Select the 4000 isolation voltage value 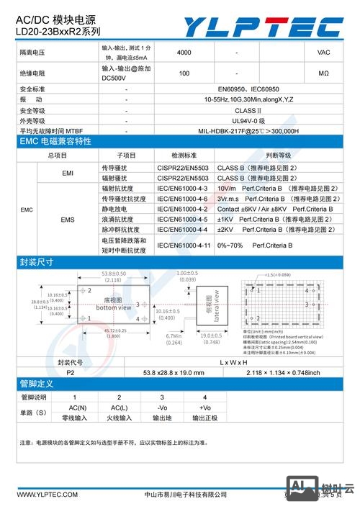(184, 53)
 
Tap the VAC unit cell (323, 53)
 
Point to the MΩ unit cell (323, 73)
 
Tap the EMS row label (68, 219)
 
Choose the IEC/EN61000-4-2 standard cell (183, 209)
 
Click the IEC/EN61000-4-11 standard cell (184, 245)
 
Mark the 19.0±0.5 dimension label (210, 335)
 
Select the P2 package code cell (70, 372)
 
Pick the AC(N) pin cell (74, 407)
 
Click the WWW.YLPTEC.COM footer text (47, 495)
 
